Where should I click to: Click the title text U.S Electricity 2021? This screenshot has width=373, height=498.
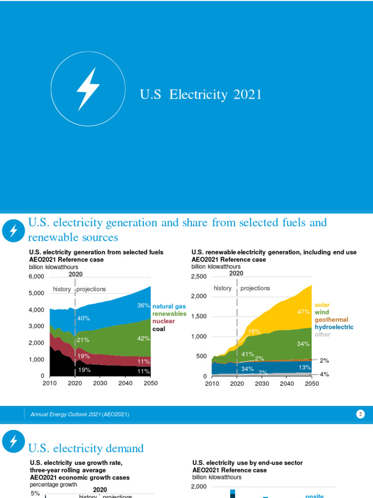click(201, 94)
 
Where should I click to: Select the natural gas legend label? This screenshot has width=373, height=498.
click(169, 306)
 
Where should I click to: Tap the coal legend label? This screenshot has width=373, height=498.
click(159, 329)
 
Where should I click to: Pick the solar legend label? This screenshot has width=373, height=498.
click(322, 305)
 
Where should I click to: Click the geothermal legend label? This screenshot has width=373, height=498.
click(331, 320)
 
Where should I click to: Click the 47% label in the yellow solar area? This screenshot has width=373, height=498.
click(304, 312)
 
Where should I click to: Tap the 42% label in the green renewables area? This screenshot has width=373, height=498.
click(143, 338)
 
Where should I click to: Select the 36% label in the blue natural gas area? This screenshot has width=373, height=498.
click(143, 306)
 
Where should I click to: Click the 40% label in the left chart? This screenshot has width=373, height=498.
click(84, 318)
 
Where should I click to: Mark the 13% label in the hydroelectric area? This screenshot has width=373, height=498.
click(305, 367)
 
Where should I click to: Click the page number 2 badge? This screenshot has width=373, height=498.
click(360, 414)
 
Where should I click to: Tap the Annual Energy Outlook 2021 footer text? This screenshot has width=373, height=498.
click(80, 414)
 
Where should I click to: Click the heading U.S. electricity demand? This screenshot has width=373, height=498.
click(86, 448)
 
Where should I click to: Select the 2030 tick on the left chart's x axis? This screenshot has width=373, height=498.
click(100, 383)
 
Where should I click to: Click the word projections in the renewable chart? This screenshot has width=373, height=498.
click(255, 288)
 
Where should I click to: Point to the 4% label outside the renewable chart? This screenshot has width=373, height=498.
click(324, 374)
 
